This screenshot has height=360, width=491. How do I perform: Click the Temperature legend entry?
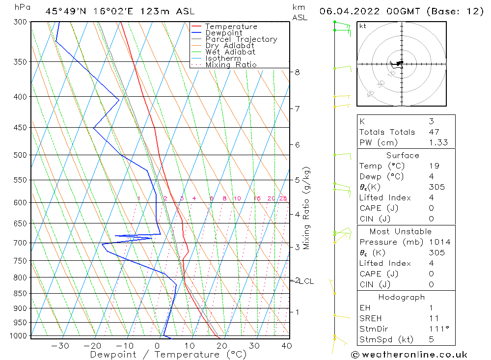coord(231,27)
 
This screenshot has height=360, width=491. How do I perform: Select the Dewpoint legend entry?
coord(223,33)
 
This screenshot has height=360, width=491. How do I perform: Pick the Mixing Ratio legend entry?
coord(231,64)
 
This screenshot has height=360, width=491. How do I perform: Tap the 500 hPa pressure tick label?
coord(21,155)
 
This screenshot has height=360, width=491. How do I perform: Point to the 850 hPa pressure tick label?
coord(21,294)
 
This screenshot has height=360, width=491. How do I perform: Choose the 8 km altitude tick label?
coord(297,72)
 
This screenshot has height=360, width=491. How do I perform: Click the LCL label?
coord(306,281)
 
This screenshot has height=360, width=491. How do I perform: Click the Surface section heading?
coord(403,156)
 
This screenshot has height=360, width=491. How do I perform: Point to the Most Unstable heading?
coord(401,232)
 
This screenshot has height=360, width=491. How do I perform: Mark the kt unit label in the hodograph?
coord(363,26)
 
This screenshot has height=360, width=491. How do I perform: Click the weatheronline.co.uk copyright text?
coord(409,355)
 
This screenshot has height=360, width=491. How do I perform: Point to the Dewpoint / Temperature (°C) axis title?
coord(168,354)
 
